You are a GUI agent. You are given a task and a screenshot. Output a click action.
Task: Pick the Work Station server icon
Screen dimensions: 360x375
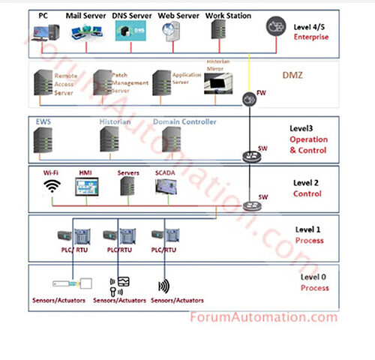[x=218, y=31]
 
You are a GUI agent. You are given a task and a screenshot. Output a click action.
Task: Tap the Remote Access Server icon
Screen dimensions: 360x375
[x=43, y=83]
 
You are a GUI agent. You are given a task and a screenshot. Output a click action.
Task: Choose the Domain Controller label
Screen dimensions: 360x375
[x=184, y=121]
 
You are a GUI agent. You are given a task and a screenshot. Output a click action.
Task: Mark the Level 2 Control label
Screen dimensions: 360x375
[x=307, y=188]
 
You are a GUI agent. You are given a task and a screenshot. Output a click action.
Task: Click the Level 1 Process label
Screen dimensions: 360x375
[x=308, y=235]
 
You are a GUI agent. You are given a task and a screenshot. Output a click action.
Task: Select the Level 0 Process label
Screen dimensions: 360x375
[x=314, y=283]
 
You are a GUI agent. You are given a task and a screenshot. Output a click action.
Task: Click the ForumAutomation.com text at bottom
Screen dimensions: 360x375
[x=258, y=316]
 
